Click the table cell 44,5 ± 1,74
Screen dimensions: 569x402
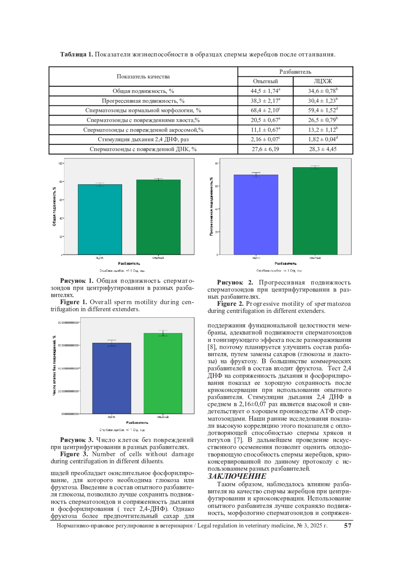(x=265, y=91)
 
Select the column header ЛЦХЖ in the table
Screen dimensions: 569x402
(x=323, y=81)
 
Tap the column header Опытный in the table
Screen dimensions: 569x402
(x=265, y=81)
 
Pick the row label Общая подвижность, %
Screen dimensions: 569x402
(x=143, y=91)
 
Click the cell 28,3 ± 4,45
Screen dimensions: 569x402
(x=323, y=149)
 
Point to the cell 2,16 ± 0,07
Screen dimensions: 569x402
(x=265, y=139)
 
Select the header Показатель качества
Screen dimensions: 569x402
(x=143, y=76)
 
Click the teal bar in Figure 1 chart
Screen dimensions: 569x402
(x=100, y=219)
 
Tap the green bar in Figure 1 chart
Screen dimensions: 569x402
(x=158, y=217)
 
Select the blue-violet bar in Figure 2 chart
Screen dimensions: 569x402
(x=256, y=215)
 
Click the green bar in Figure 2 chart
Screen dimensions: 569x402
(x=315, y=211)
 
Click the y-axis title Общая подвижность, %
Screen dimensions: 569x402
(x=54, y=206)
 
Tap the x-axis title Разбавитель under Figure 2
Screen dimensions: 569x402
(x=285, y=264)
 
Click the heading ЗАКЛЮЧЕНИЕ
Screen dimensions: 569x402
(x=237, y=476)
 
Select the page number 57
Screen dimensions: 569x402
(x=348, y=526)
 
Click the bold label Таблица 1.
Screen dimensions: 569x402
(x=76, y=54)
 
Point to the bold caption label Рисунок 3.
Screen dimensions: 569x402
(x=77, y=440)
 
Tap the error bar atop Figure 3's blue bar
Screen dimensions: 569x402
(x=112, y=343)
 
